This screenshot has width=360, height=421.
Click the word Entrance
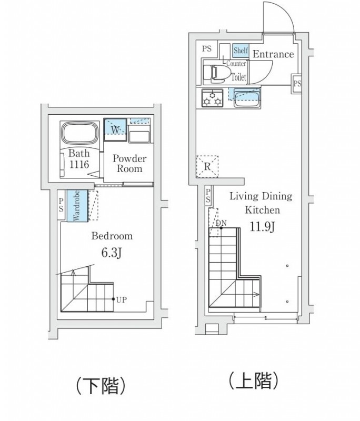[x=273, y=54]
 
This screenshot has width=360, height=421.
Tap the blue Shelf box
[x=241, y=51]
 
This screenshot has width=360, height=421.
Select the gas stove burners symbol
[x=212, y=98]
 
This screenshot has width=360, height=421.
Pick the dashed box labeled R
[x=207, y=167]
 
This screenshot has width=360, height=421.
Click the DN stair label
[x=221, y=223]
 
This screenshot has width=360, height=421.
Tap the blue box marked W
[x=115, y=128]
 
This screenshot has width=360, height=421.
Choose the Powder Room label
[x=129, y=164]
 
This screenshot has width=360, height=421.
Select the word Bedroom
[x=112, y=236]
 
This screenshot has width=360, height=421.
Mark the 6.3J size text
[x=112, y=253]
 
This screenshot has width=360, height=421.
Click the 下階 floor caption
[x=101, y=386]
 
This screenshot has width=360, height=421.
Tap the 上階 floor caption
[x=253, y=380]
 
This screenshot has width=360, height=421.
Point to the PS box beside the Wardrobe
[x=62, y=205]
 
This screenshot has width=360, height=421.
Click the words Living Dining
[x=261, y=196]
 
